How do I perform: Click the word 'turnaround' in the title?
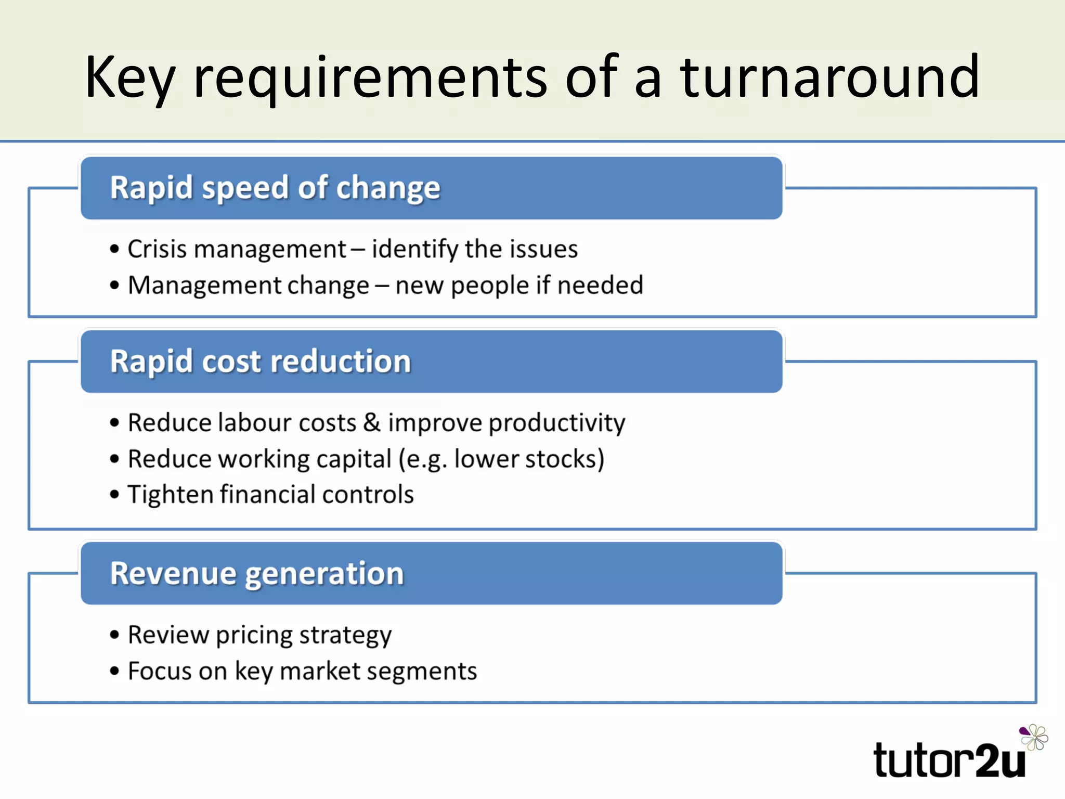coord(830,78)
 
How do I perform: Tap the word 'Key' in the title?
coord(130,78)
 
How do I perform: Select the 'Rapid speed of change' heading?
coord(275,188)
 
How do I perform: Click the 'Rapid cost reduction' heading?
coord(261,361)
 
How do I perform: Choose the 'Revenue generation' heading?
coord(257,573)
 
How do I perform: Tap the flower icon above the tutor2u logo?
coord(1034,737)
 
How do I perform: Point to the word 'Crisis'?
coord(157,249)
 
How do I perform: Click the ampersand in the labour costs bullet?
coord(372,422)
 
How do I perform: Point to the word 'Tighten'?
coord(171,495)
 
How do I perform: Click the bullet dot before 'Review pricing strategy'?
coord(115,635)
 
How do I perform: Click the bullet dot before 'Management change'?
coord(115,285)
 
